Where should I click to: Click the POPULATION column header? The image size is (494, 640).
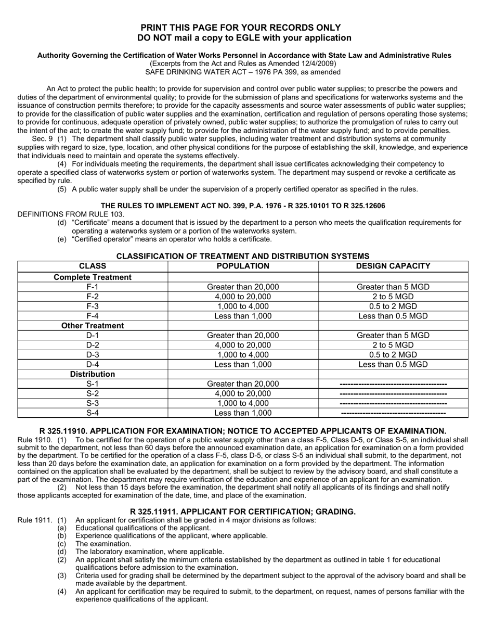click(x=243, y=266)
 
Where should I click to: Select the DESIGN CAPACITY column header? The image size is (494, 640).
click(x=393, y=266)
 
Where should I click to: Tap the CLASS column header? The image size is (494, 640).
click(x=93, y=266)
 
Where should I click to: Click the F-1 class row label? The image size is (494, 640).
click(x=93, y=287)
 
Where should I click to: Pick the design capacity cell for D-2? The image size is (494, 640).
click(x=393, y=345)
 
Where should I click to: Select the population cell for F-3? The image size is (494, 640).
click(x=243, y=306)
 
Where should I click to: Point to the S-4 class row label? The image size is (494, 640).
click(x=93, y=413)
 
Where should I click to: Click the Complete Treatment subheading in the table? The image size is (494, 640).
click(x=93, y=277)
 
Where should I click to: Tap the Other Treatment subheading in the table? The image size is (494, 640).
click(x=93, y=326)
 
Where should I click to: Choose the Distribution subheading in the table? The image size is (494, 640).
click(x=93, y=374)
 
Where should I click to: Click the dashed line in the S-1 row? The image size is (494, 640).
click(x=393, y=384)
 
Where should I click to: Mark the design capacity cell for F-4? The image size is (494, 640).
click(x=393, y=316)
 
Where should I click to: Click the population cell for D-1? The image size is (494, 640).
click(x=243, y=336)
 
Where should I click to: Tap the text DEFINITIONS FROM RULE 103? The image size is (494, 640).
click(x=71, y=214)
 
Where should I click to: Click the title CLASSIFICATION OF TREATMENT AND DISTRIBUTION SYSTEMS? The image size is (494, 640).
click(x=243, y=256)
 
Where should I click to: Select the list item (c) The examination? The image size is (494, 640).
click(x=96, y=544)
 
